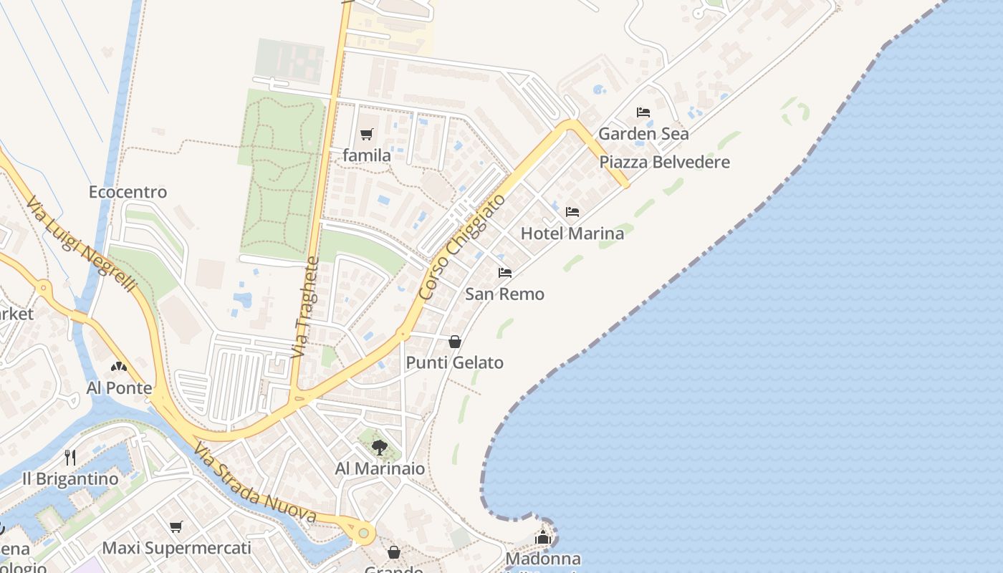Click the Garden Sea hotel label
tap(643, 134)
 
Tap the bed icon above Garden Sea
tap(643, 112)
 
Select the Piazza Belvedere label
tap(664, 162)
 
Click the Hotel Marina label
tap(572, 233)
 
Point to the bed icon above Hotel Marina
tap(572, 212)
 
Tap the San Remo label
tap(504, 294)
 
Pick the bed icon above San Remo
tap(505, 273)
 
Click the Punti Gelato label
tap(454, 362)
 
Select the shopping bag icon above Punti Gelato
tap(454, 342)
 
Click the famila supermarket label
tap(367, 155)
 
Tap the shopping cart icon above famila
tap(367, 134)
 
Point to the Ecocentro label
tap(128, 192)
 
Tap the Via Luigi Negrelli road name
tap(80, 244)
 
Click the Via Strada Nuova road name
tap(254, 483)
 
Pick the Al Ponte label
tap(119, 388)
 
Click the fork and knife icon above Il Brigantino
tap(70, 457)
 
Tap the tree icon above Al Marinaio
tap(380, 448)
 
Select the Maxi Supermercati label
tap(176, 548)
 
